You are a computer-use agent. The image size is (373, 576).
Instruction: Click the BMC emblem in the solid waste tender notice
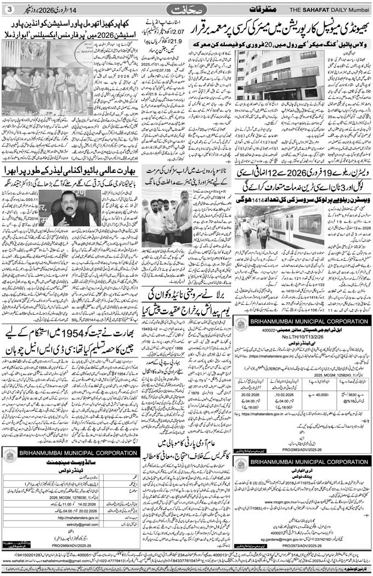(x=9, y=455)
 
